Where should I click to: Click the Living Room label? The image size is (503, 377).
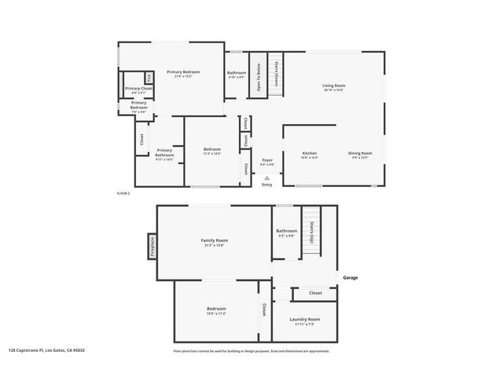[334, 86]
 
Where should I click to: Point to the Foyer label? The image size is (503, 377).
[267, 161]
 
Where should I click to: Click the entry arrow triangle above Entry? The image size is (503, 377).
[267, 178]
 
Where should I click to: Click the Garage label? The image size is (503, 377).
[350, 277]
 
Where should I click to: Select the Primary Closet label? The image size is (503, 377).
[138, 89]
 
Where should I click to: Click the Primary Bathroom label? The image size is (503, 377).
[164, 153]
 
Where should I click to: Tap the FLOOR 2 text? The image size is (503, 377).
[123, 192]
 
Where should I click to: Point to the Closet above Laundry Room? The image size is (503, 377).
[315, 293]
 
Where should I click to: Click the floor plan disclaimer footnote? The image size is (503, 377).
[251, 350]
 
